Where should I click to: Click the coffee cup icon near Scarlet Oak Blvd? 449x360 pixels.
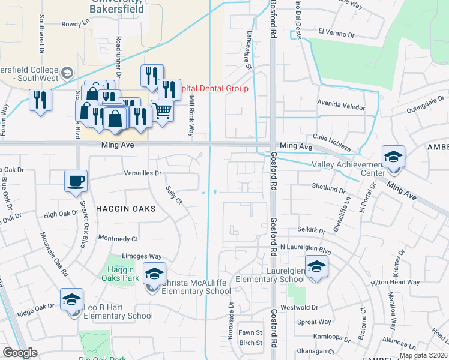pos(76,181)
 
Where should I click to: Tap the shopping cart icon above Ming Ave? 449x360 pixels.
pos(162,110)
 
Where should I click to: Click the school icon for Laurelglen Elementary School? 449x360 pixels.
pos(316,266)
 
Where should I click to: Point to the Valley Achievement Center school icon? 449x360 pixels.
pos(393,157)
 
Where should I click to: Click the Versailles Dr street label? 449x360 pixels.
pos(143,173)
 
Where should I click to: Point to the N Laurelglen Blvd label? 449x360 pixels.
pos(306,248)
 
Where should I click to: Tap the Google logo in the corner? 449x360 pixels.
pos(20,353)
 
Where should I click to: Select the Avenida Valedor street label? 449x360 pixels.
pos(341,107)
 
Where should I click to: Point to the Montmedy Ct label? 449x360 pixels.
pos(118,238)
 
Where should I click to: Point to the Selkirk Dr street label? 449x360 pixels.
pos(311,230)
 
